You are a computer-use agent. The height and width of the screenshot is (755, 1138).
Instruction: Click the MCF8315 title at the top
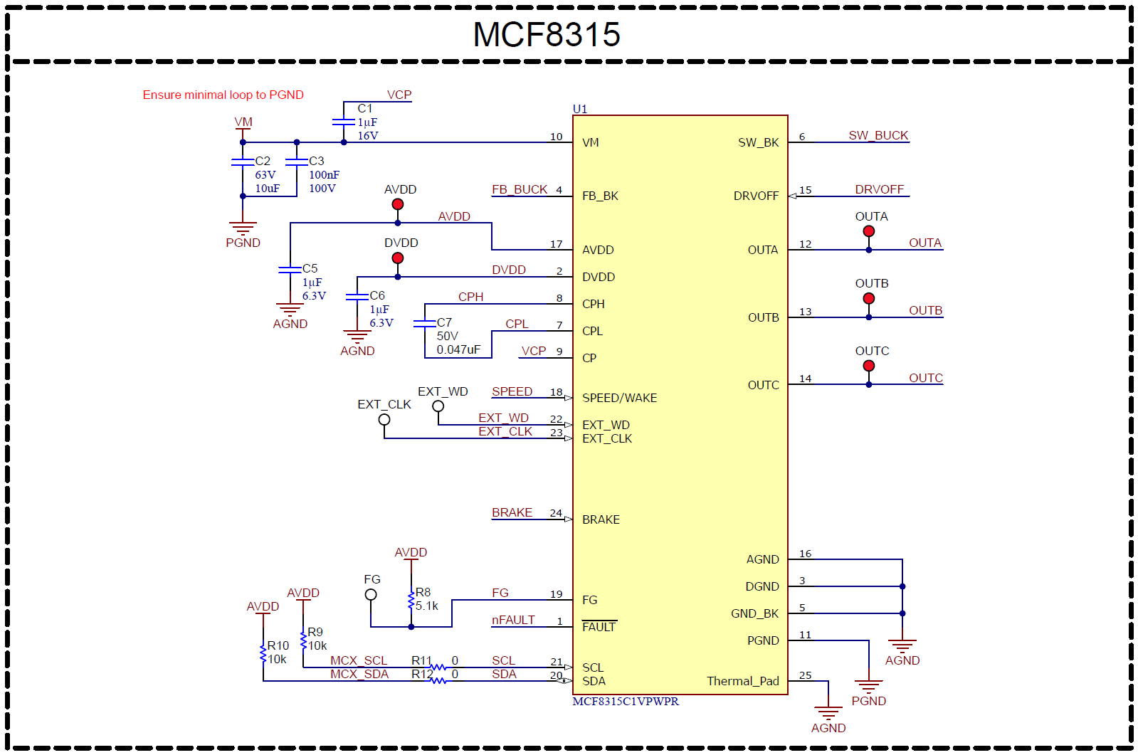547,35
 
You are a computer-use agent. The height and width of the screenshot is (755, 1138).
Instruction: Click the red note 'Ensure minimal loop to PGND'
223,95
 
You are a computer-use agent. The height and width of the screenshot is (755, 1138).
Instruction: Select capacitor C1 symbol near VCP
344,122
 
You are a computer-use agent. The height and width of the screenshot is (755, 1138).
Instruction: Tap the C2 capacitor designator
263,161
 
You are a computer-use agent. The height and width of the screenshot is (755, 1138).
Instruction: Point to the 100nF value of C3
324,174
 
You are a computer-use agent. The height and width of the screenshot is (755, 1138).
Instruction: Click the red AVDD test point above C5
398,204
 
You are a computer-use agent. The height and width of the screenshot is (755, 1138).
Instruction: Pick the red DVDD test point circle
398,258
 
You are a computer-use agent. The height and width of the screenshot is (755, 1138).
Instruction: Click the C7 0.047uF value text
458,349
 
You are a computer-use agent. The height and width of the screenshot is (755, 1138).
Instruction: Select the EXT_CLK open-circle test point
384,419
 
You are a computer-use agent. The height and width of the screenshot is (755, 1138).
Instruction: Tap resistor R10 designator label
278,645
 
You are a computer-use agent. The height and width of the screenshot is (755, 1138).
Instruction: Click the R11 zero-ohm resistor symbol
438,667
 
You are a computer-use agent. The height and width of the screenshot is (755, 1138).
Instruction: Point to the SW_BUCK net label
878,135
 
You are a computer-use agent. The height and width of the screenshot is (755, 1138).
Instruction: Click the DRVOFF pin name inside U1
756,196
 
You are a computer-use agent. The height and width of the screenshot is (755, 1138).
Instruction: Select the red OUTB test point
869,298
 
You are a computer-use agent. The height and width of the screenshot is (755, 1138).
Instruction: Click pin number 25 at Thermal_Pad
805,675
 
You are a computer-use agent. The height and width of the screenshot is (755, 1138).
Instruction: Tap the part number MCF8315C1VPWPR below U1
626,702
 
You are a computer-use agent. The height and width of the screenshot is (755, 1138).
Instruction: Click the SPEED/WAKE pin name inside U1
619,398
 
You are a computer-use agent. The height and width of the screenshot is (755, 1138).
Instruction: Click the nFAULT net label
512,620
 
